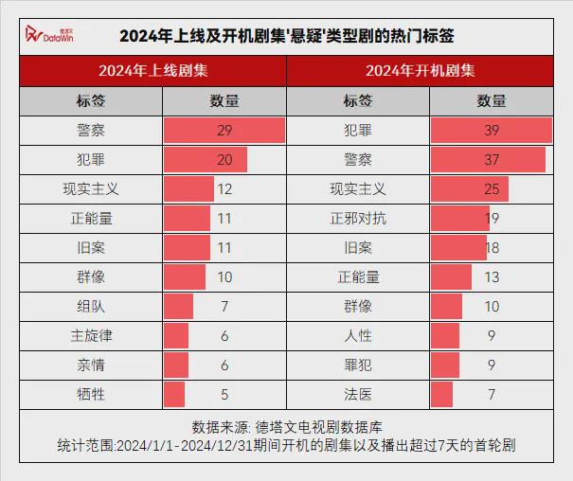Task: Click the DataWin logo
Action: (x=47, y=36)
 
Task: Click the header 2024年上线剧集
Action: (x=152, y=71)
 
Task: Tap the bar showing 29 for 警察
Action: (x=224, y=130)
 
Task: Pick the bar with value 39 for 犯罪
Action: (x=491, y=130)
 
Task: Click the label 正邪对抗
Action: (x=358, y=219)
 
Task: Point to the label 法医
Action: (x=358, y=394)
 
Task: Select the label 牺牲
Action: (x=91, y=394)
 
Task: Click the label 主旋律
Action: (x=91, y=335)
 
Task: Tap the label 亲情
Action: (x=91, y=365)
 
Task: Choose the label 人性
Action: (x=358, y=335)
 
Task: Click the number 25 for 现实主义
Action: (x=491, y=189)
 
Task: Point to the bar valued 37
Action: (x=488, y=159)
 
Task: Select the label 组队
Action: (x=91, y=306)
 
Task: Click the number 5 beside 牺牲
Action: (x=224, y=394)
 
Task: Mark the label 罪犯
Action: (x=358, y=365)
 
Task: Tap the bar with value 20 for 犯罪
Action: (x=205, y=159)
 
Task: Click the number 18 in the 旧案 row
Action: (x=491, y=248)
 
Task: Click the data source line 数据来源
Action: (x=286, y=426)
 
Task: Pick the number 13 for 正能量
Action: (x=491, y=277)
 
